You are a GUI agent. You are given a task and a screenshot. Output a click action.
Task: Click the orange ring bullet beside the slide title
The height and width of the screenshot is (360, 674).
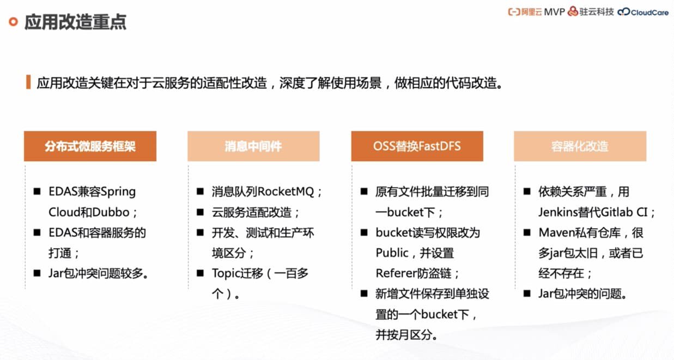13,22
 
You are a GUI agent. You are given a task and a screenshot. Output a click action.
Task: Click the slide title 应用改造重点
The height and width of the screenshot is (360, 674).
75,22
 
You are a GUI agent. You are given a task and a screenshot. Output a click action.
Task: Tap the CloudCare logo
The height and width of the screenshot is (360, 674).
643,12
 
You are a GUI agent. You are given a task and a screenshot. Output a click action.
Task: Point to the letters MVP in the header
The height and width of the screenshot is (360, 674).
555,12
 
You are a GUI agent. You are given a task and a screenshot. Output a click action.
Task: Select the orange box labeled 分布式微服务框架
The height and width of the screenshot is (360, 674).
90,146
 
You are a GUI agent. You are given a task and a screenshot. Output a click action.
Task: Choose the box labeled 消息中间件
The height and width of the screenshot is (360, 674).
253,146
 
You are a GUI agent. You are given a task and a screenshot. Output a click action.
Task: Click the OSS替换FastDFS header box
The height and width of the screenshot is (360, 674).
417,146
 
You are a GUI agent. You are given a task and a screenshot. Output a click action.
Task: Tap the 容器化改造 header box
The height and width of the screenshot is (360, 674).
580,146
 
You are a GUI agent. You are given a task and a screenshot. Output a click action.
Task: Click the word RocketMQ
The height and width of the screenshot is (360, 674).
286,192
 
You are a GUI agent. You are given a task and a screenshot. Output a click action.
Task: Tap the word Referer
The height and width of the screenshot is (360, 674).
396,273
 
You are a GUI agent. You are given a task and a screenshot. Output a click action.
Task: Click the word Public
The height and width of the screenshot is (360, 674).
392,253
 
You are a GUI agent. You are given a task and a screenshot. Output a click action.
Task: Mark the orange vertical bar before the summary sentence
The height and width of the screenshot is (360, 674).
28,82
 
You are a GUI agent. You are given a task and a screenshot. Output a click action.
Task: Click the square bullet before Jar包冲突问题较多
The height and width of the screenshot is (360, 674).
37,273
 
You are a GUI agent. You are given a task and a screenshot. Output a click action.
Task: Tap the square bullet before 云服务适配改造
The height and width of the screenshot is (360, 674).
200,212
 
